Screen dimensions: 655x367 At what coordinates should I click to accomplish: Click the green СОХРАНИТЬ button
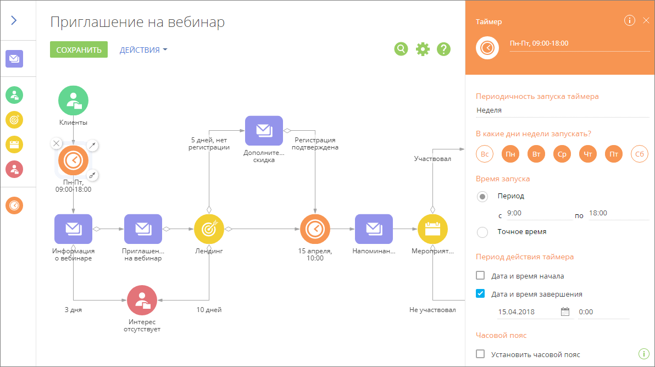point(79,49)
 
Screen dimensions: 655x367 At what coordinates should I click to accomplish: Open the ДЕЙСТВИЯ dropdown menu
point(143,49)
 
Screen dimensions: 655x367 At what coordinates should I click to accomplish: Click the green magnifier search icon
point(401,49)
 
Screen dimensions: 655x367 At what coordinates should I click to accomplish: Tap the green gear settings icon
point(423,49)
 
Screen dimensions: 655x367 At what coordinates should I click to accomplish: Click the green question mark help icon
point(443,49)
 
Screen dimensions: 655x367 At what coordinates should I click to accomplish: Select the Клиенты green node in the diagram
point(73,101)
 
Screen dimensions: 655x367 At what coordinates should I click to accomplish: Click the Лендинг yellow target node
point(209,229)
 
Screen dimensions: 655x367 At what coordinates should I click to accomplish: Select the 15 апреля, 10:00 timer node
point(315,229)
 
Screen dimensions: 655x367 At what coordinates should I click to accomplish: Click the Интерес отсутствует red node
point(142,300)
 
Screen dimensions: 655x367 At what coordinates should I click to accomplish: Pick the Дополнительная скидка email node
point(264,131)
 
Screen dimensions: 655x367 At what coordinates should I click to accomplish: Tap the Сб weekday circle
point(640,154)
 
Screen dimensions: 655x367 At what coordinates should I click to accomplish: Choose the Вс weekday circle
point(485,154)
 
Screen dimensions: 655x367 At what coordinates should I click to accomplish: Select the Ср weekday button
point(562,154)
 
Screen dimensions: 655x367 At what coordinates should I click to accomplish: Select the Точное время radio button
point(482,232)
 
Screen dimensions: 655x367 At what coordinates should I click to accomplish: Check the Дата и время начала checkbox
point(480,276)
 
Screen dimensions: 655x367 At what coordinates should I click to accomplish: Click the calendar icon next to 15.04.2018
point(565,312)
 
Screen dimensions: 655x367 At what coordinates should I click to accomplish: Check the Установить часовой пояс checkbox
point(480,354)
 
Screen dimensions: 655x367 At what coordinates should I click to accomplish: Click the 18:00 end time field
point(618,213)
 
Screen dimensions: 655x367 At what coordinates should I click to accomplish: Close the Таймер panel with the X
point(646,20)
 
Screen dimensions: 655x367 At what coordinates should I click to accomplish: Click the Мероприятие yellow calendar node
point(433,229)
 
